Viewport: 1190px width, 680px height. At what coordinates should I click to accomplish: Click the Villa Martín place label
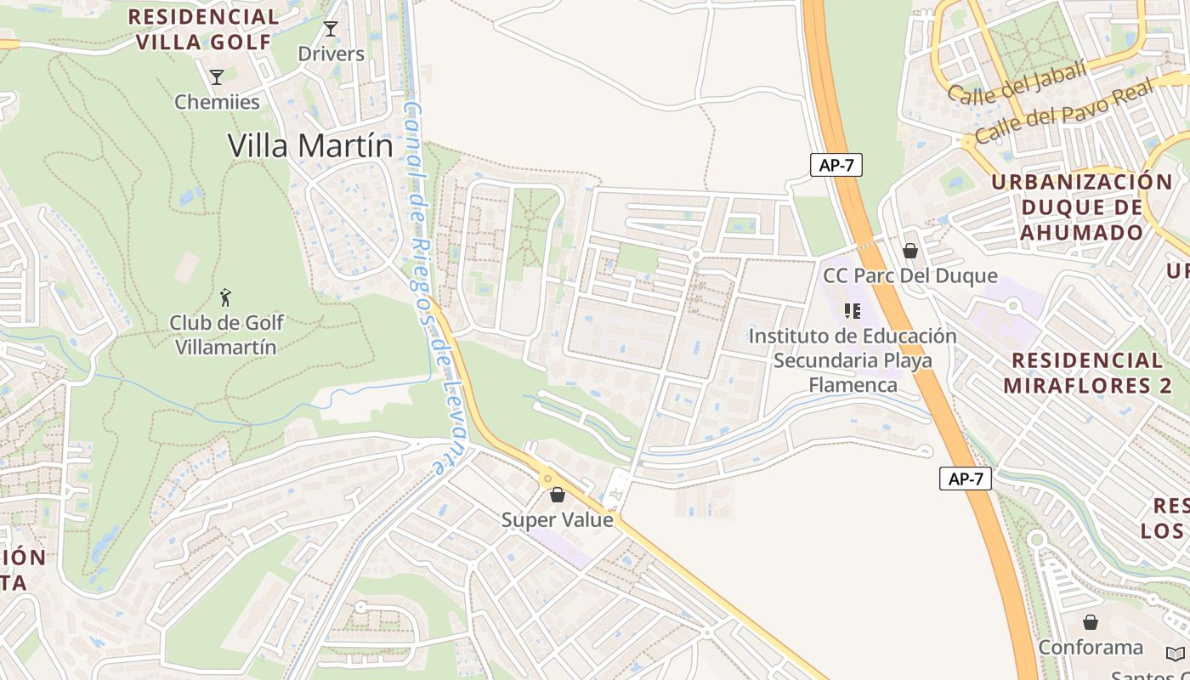310,146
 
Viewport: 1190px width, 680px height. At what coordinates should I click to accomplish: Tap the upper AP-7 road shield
836,165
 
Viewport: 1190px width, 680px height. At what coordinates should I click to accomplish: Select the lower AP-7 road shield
966,479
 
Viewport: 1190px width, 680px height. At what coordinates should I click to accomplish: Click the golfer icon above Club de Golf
225,298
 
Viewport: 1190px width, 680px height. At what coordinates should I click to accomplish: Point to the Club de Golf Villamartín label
226,335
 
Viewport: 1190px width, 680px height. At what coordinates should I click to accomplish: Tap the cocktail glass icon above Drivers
331,30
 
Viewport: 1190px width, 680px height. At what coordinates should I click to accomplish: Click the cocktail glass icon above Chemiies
217,77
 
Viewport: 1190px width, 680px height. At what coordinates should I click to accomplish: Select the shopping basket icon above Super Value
558,495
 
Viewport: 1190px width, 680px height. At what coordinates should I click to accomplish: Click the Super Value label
557,519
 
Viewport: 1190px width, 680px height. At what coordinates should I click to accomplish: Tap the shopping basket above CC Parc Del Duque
910,251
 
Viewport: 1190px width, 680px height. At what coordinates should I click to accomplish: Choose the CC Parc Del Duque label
909,275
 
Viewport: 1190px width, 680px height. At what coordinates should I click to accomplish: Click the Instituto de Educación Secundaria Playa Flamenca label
853,360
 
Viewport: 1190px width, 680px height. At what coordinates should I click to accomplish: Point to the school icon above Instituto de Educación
853,311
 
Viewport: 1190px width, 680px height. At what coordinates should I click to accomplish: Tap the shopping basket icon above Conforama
1091,622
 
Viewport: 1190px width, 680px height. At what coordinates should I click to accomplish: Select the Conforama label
1091,648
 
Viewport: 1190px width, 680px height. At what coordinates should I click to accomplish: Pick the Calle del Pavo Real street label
1063,111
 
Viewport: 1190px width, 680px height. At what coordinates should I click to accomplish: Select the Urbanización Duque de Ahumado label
1081,207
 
